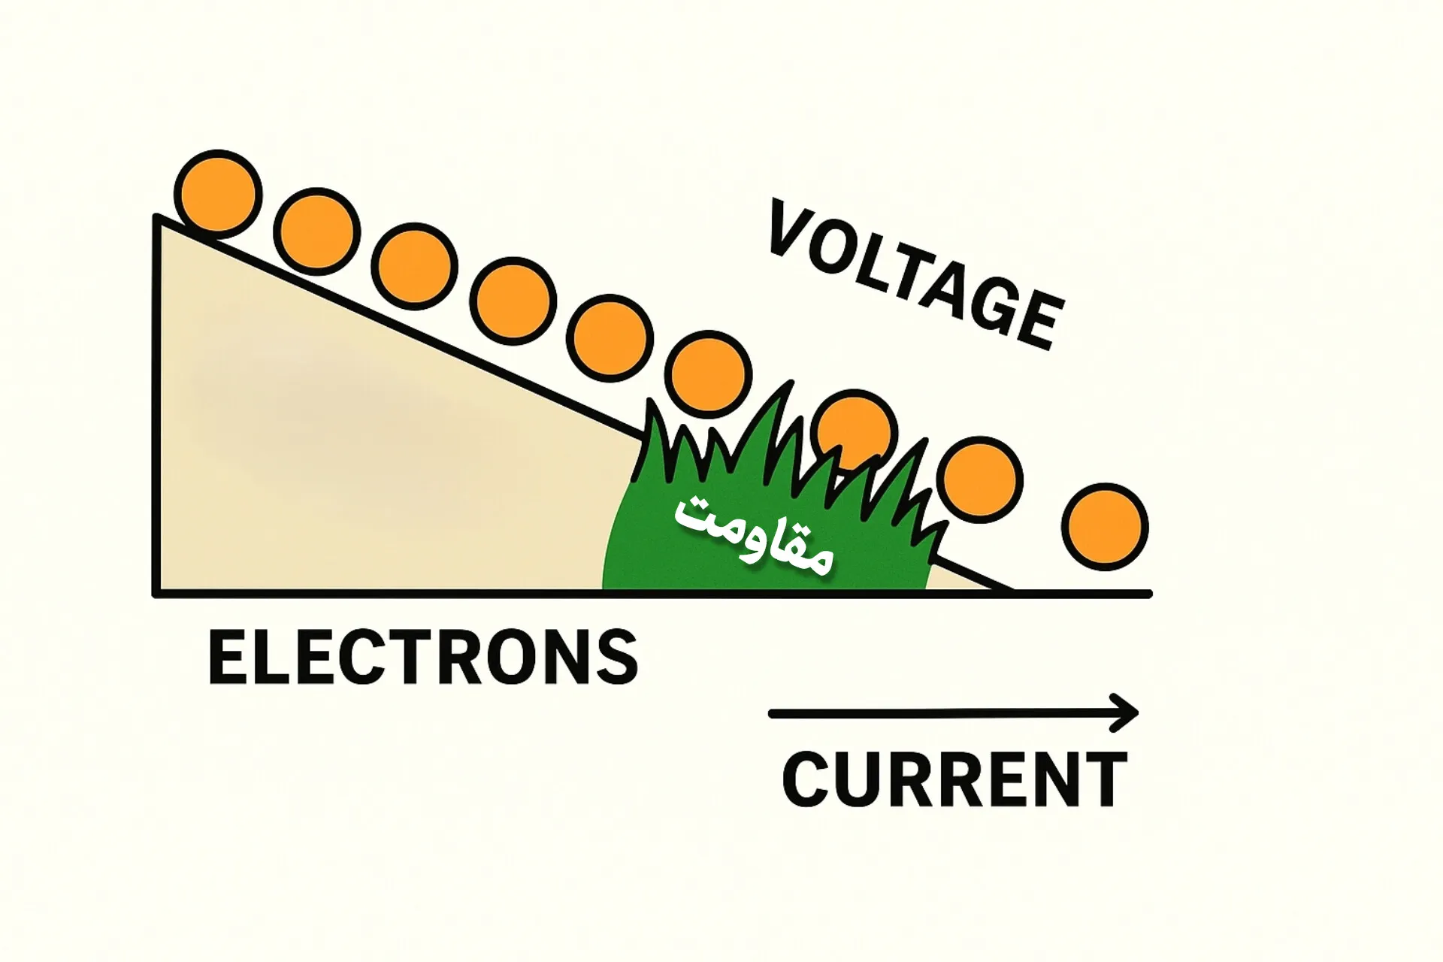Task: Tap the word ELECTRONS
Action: tap(423, 658)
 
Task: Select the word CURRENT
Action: tap(954, 779)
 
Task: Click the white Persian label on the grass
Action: tap(754, 534)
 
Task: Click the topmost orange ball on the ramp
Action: tap(218, 193)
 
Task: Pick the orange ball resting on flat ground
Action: tap(1105, 526)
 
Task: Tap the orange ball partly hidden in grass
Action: tap(856, 432)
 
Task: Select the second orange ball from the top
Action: tap(316, 231)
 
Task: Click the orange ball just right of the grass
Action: tap(982, 479)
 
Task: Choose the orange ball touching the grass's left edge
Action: tap(709, 374)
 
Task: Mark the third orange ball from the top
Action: tap(414, 267)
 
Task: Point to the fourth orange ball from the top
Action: tap(513, 301)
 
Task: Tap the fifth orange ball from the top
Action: tap(610, 337)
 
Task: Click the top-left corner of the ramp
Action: tap(157, 217)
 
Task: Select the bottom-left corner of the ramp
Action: tap(157, 594)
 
